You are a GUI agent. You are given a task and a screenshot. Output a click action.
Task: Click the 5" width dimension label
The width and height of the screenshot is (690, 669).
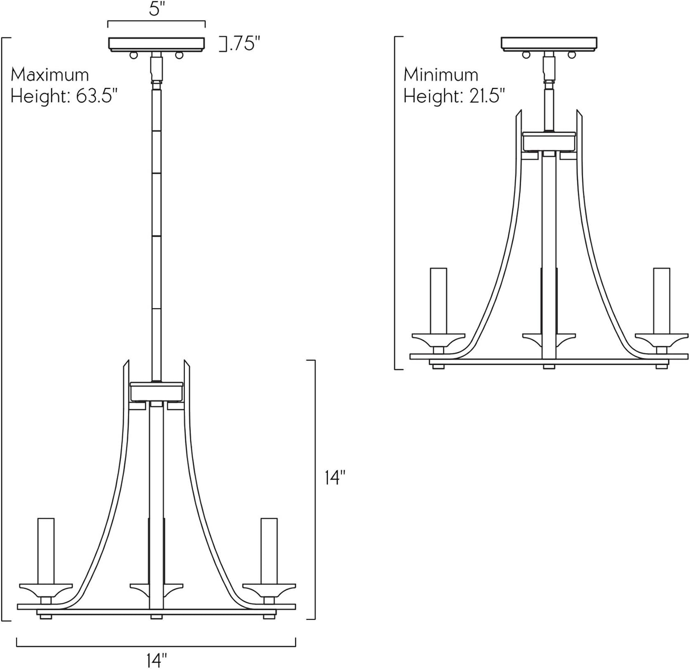[x=156, y=9]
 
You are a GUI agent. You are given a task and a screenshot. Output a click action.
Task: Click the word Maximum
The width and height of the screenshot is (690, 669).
[x=50, y=74]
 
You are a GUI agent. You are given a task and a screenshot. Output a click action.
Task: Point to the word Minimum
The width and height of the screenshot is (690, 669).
[x=441, y=74]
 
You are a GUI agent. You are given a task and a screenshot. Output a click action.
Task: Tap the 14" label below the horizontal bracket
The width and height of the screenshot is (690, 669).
[x=156, y=660]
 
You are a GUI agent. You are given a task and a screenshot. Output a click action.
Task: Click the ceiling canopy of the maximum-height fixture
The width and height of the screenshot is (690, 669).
[x=156, y=44]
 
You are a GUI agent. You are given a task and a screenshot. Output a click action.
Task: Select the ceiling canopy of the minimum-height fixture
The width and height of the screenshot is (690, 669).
[x=549, y=44]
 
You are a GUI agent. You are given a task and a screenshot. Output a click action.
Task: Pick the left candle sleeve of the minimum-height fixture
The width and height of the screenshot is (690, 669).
[x=438, y=301]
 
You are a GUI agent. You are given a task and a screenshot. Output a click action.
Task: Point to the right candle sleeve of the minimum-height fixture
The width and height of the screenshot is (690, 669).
[x=661, y=301]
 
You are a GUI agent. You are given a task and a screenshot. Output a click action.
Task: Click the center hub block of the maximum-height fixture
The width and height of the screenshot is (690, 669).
[x=156, y=391]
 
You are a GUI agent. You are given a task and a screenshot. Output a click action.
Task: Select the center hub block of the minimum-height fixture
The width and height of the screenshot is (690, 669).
[x=549, y=141]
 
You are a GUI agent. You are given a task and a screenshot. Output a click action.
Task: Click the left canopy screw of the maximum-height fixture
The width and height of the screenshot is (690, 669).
[x=133, y=55]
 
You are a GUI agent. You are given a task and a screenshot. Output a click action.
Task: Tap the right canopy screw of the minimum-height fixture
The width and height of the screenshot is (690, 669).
[x=572, y=55]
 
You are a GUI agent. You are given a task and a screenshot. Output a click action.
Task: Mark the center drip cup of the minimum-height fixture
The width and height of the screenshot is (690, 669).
[x=549, y=339]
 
